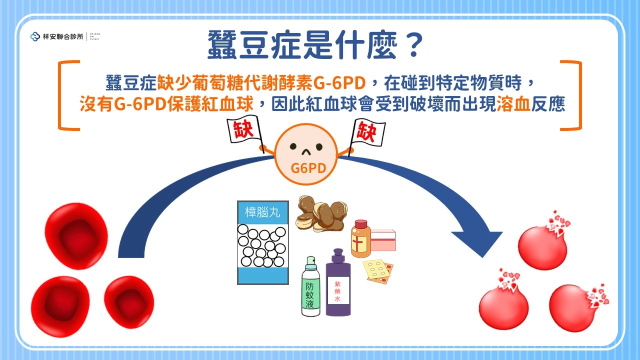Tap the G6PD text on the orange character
point(308,167)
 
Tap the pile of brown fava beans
point(320,213)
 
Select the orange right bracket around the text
point(574,95)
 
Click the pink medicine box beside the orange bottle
point(382,241)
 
